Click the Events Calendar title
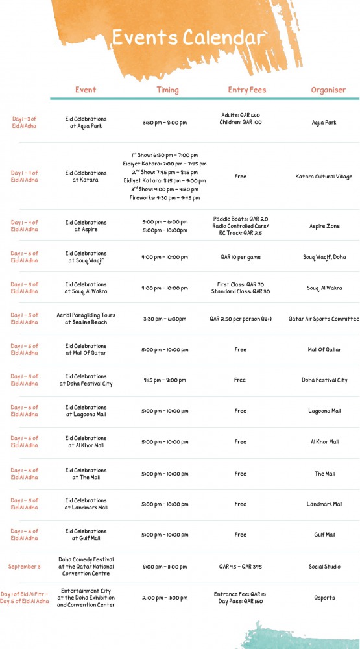[188, 37]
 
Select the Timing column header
[167, 90]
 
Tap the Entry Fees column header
[246, 90]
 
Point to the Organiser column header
[328, 90]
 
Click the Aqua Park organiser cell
[324, 122]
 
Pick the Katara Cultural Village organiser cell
[324, 177]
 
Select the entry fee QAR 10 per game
[240, 257]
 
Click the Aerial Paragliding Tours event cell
[86, 319]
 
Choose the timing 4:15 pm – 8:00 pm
[165, 380]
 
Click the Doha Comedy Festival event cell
[86, 566]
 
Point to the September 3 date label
[25, 567]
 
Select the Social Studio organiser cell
[324, 567]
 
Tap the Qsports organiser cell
[324, 598]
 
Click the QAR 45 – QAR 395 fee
[240, 567]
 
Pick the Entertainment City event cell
[86, 598]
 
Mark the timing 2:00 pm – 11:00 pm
[165, 598]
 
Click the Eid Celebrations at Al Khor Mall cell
[86, 442]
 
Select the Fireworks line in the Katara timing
[165, 198]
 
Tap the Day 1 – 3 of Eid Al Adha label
[25, 122]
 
